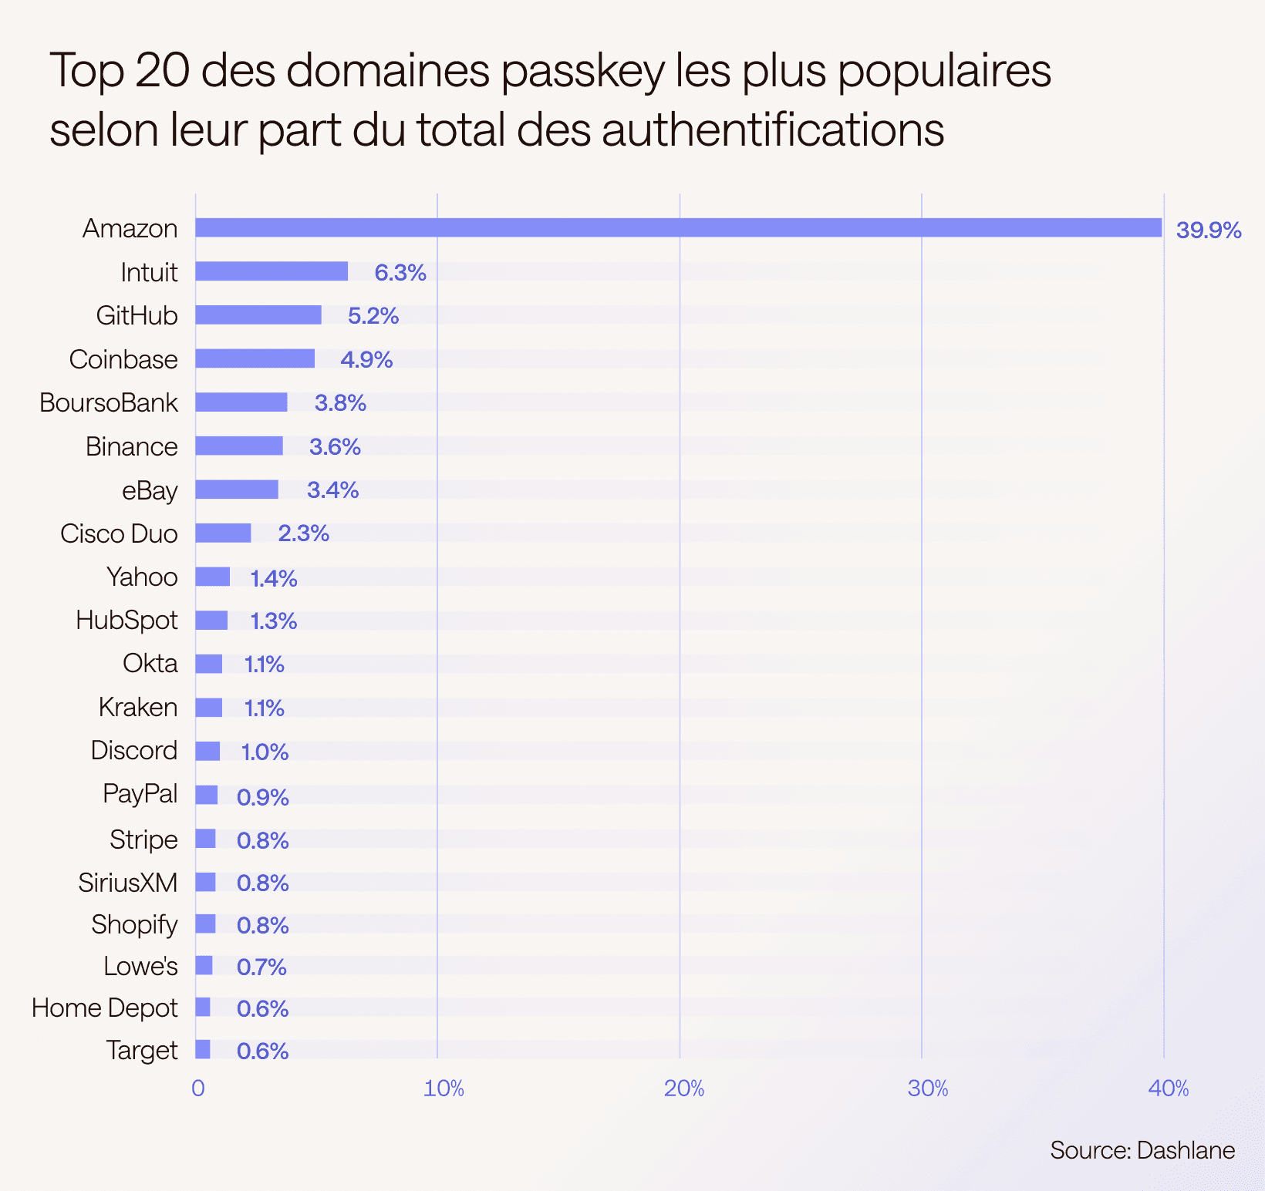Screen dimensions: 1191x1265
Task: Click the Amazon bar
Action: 678,228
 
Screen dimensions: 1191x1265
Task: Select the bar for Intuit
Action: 272,271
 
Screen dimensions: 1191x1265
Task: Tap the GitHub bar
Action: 258,315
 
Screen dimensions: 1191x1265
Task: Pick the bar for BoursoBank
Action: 241,402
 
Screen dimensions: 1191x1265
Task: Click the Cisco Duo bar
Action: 223,533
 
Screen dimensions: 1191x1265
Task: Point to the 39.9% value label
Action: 1208,230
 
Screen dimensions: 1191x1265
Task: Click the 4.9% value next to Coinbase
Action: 366,360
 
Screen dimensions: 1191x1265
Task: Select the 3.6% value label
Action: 335,447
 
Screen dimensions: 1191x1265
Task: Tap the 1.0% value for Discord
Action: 265,752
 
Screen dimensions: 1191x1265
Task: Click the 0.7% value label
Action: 261,967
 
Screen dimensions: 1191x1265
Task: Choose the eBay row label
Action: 150,491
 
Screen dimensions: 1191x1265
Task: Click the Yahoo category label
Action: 142,577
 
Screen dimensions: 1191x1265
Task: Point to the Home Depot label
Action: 105,1008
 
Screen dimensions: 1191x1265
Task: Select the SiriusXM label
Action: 128,883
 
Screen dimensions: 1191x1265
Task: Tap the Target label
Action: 142,1051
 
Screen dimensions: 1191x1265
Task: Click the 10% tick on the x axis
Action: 444,1088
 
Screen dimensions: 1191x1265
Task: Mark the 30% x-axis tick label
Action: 927,1088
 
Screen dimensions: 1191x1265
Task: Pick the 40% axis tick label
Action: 1169,1088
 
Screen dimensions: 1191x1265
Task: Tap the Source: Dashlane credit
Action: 1142,1151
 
